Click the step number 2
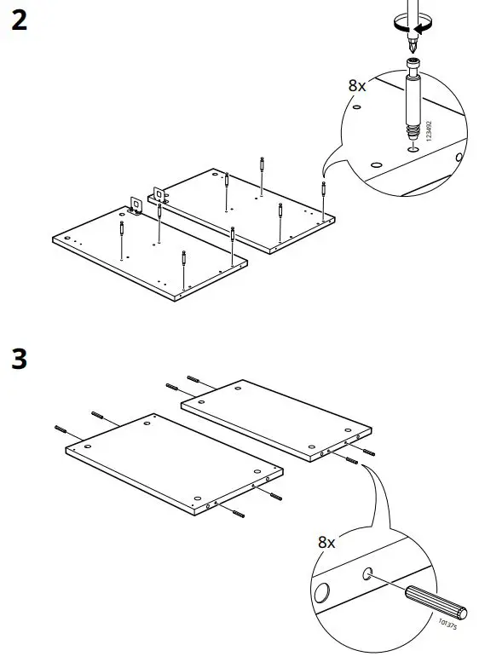(18, 20)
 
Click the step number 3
(18, 359)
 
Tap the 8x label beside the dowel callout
(327, 542)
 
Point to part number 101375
(446, 625)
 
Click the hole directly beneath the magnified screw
(413, 150)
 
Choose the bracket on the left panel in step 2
(135, 204)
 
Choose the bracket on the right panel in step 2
(158, 194)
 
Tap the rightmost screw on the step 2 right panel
(323, 194)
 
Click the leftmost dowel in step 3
(61, 428)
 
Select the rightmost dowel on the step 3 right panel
(367, 451)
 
